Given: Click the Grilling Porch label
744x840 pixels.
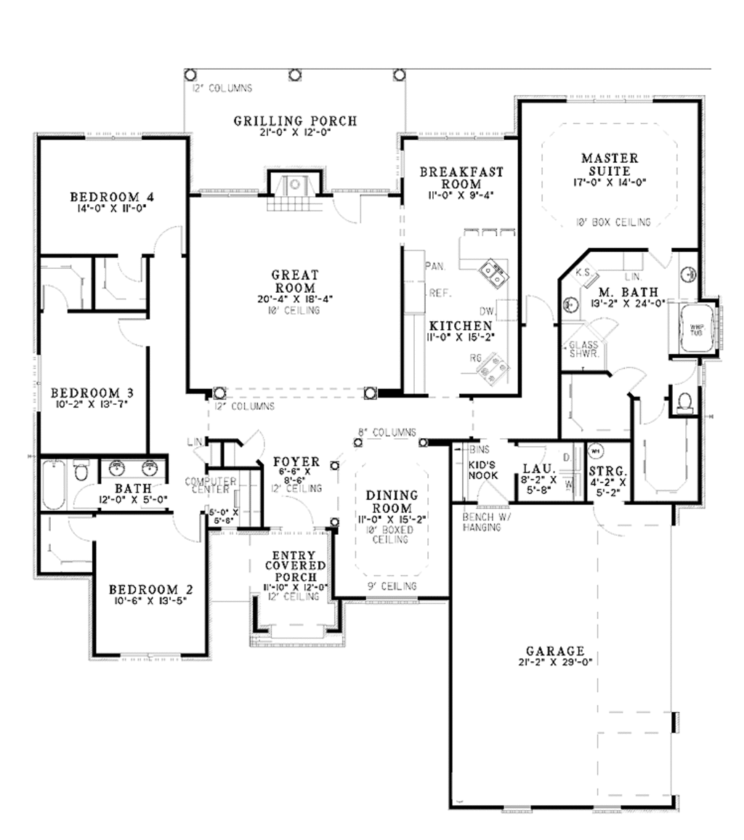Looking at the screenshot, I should click(x=295, y=121).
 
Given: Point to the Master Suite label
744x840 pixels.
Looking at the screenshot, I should click(x=610, y=163).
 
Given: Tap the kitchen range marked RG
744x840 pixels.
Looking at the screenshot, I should click(x=493, y=368).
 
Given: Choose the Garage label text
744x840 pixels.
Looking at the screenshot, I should click(x=555, y=651).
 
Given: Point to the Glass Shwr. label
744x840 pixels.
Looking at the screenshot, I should click(x=583, y=350).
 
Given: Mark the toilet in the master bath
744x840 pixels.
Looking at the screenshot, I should click(x=683, y=401).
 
